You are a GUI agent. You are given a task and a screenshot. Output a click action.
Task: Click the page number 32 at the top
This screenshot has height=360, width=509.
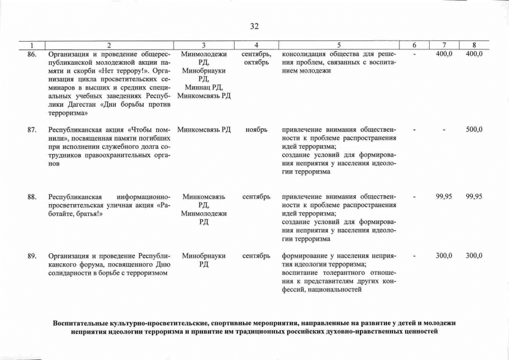[x=254, y=26]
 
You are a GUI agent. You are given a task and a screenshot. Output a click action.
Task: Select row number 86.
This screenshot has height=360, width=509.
[x=32, y=54]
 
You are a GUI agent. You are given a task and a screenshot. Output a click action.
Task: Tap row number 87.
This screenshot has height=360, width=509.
[x=32, y=130]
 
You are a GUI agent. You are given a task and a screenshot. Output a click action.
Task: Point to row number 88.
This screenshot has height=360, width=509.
[x=32, y=197]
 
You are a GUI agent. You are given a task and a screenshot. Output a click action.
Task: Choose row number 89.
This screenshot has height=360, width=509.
[x=32, y=256]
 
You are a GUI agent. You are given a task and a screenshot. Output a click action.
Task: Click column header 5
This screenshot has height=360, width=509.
[x=339, y=45]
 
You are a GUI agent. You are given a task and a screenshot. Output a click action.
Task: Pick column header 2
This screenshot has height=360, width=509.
[x=109, y=45]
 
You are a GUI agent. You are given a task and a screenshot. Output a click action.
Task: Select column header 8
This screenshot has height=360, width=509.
[x=474, y=45]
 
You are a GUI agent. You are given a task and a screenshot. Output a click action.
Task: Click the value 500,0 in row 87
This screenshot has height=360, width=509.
[x=474, y=130]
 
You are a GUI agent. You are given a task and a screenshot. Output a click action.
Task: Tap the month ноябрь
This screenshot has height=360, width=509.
[x=256, y=130]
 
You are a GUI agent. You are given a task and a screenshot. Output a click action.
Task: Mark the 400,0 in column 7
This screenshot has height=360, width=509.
[x=444, y=54]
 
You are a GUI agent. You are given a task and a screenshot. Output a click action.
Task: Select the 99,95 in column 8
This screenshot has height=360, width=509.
[x=474, y=197]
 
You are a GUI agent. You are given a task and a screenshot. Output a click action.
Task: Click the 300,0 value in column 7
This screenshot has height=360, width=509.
[x=444, y=256]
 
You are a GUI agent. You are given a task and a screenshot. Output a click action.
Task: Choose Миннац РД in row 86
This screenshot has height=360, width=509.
[x=203, y=87]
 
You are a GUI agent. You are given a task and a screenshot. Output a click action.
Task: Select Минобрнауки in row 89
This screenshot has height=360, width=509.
[x=204, y=256]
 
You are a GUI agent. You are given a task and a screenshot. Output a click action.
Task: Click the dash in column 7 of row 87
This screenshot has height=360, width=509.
[x=444, y=130]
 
